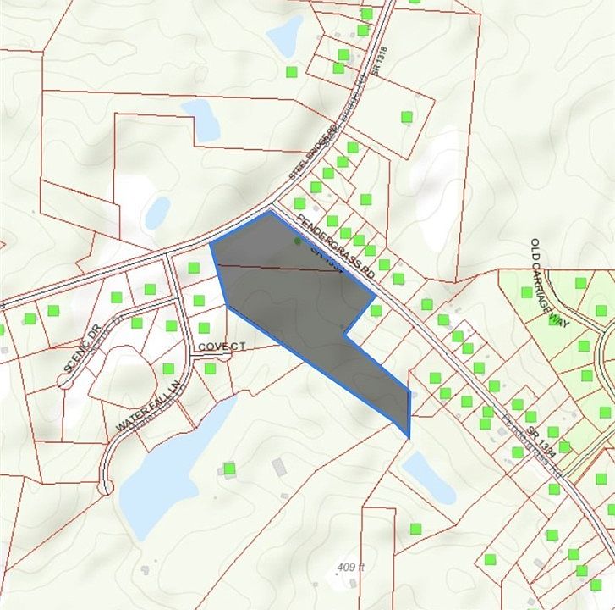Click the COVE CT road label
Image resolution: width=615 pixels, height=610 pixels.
tap(221, 347)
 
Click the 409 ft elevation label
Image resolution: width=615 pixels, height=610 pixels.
tap(349, 568)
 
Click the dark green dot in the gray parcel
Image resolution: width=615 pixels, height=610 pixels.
tap(297, 241)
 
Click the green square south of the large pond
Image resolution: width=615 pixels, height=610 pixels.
tap(229, 469)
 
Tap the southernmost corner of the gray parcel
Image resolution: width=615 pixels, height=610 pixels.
tap(409, 437)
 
